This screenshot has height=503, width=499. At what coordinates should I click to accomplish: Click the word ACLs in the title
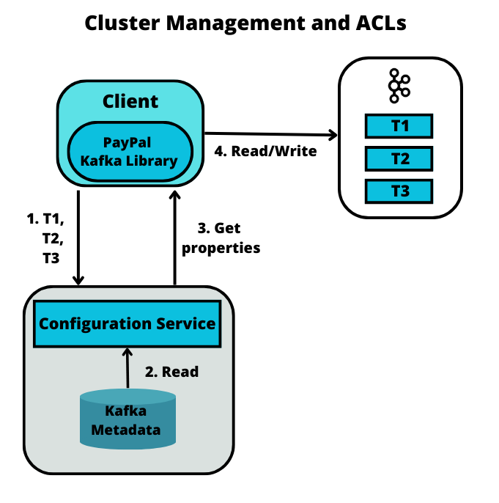[381, 23]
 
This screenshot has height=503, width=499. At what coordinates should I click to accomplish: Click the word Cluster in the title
[122, 23]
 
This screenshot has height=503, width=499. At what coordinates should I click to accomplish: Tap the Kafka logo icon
[399, 86]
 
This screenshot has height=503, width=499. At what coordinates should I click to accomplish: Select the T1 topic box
[399, 126]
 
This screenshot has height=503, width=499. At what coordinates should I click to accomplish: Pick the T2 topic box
[399, 159]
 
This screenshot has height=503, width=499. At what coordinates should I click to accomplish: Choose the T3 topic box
[399, 191]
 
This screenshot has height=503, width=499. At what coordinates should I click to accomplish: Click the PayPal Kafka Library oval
[130, 152]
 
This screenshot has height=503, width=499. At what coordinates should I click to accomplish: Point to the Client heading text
[130, 101]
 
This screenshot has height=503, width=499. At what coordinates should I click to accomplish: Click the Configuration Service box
[127, 323]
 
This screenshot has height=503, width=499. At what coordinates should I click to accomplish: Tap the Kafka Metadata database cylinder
[128, 419]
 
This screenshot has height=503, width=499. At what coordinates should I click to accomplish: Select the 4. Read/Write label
[265, 151]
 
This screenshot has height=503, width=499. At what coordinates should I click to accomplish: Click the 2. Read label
[171, 372]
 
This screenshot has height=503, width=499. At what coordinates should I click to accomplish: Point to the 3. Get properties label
[221, 238]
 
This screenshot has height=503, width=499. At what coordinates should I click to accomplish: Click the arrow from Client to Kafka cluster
[271, 133]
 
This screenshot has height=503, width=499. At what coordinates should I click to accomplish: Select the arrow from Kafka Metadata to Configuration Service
[127, 368]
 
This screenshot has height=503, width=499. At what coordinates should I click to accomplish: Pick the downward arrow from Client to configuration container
[78, 238]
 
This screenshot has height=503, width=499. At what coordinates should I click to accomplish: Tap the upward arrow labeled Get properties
[174, 238]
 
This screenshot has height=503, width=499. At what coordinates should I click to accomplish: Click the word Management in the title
[235, 23]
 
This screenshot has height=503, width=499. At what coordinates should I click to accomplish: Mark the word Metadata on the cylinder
[126, 430]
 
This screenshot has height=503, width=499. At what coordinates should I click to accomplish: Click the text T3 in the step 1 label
[51, 258]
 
